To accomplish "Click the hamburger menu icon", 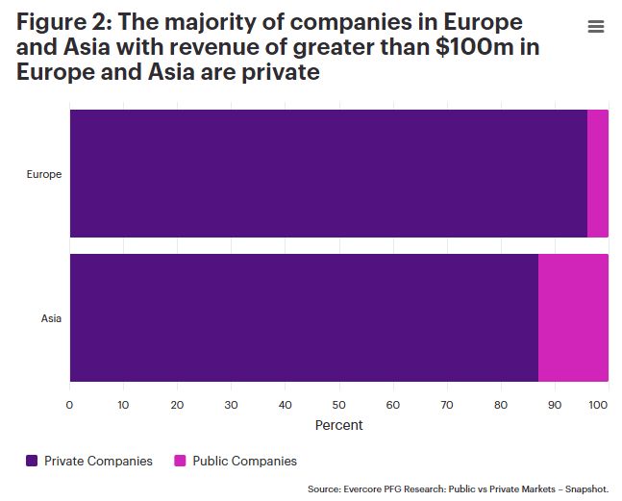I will click(x=596, y=27).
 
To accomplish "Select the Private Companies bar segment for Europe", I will click(x=328, y=173).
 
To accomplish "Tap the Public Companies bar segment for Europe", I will click(x=597, y=173).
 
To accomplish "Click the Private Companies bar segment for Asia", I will click(x=304, y=318).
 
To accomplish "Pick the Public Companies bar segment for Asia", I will click(x=573, y=318).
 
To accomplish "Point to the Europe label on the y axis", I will click(x=44, y=174).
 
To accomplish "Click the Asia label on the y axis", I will click(x=51, y=318).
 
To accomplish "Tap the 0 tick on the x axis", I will click(x=69, y=405).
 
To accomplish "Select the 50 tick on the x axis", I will click(x=338, y=405).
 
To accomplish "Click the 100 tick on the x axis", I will click(x=598, y=405).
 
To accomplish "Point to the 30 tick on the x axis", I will click(x=231, y=405).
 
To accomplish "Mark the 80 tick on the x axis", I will click(x=500, y=405).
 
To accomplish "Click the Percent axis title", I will click(x=338, y=424).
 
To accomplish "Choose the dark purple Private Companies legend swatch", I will click(x=32, y=461).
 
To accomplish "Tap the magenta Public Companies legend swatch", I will click(x=180, y=461).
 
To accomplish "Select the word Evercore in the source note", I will click(x=364, y=489).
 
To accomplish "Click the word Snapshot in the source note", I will click(x=585, y=489).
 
